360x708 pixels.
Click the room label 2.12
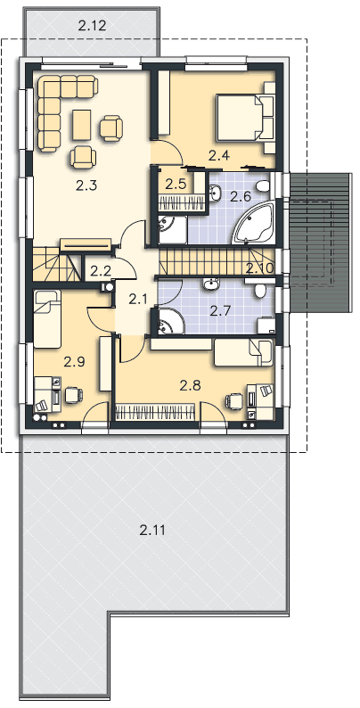[92, 26]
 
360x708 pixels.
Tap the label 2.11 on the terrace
[152, 530]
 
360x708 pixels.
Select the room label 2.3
[86, 185]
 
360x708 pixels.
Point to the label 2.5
[176, 184]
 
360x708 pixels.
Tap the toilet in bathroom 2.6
[262, 185]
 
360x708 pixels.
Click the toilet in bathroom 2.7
[261, 290]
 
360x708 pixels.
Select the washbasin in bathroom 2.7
[209, 284]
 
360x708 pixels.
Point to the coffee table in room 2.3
[82, 125]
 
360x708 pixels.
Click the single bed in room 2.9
[47, 319]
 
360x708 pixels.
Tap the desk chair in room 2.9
[73, 395]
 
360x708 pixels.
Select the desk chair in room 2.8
[234, 400]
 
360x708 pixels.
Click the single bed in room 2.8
[243, 353]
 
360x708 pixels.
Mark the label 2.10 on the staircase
[260, 268]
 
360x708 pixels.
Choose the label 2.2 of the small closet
[100, 270]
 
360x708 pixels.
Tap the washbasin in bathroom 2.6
[214, 193]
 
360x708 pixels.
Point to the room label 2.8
[190, 385]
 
